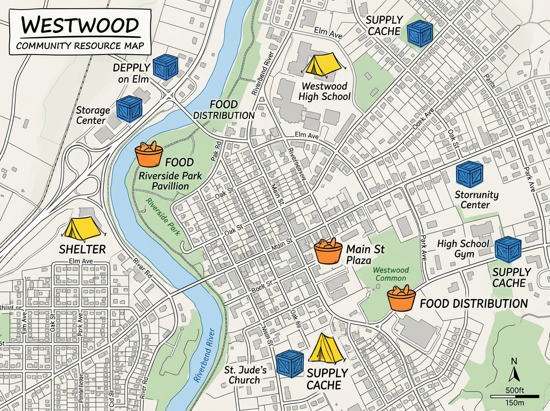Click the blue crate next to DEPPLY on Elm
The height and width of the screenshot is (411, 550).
tap(165, 67)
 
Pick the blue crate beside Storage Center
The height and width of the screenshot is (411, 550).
tap(129, 109)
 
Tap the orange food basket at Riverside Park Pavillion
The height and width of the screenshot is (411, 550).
tap(149, 155)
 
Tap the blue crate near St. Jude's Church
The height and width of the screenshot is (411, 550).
tap(290, 364)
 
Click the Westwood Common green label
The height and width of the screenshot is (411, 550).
tap(390, 274)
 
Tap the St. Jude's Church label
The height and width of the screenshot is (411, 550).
tap(242, 375)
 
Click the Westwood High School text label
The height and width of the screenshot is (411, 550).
tap(324, 91)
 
